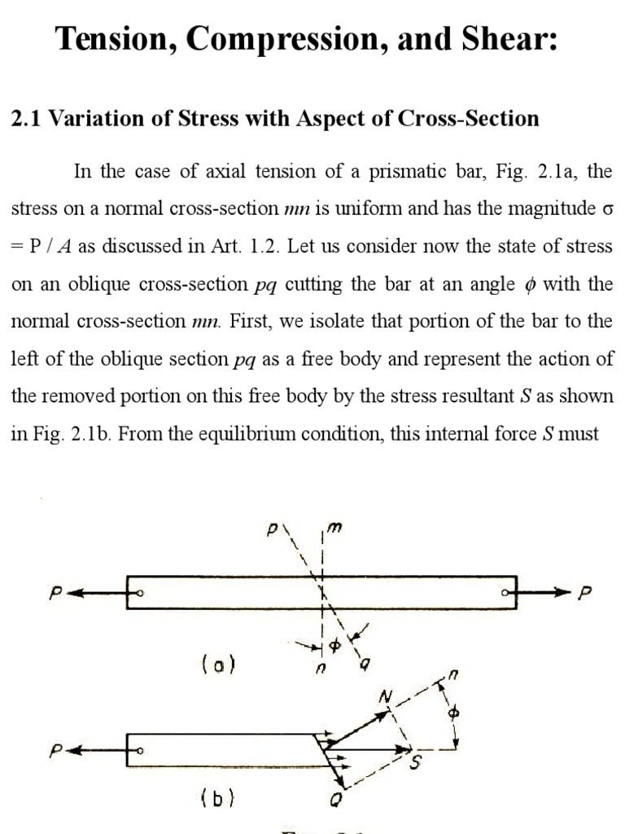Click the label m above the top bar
point(334,529)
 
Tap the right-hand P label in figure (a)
point(581,594)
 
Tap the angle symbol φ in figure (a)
point(333,645)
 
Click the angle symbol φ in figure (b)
point(455,713)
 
